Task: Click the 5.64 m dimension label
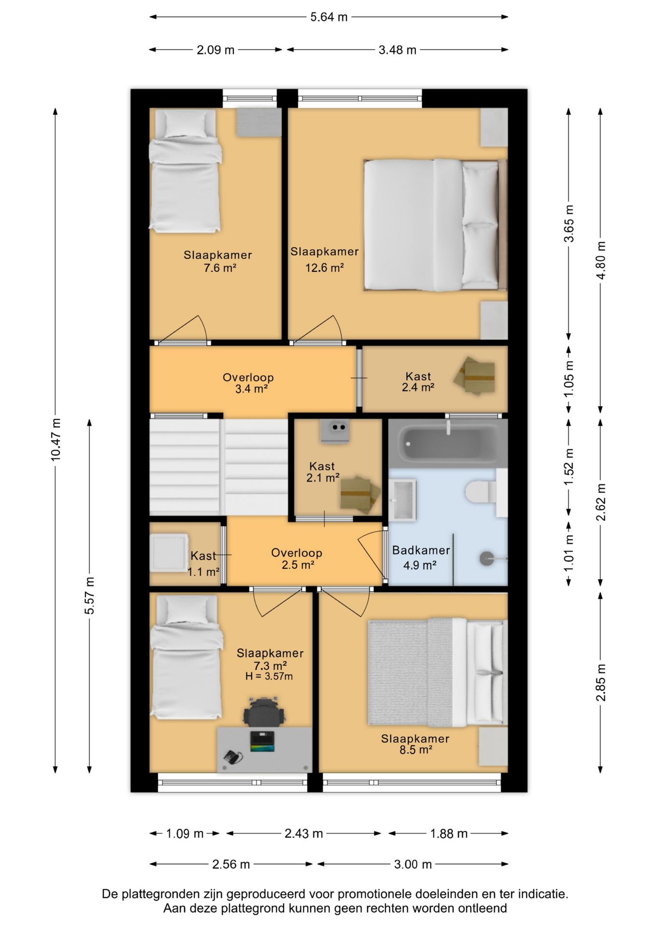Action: point(328,17)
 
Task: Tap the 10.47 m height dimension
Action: point(56,439)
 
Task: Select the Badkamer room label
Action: point(421,550)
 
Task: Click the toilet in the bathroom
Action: point(481,492)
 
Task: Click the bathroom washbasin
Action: point(403,500)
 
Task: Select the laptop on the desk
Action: point(262,741)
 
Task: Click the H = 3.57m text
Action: point(269,676)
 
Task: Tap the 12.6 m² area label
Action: point(324,267)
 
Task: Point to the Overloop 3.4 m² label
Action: point(248,383)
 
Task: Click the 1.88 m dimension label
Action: point(449,833)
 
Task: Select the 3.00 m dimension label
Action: point(413,864)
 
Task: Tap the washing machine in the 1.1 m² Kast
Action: point(169,552)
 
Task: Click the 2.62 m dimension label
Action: point(601,503)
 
